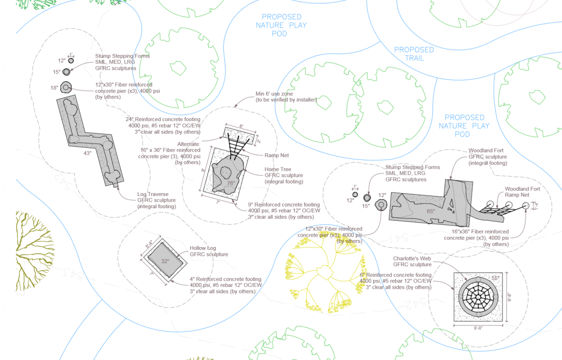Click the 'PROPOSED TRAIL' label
(414, 53)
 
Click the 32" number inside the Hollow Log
(165, 261)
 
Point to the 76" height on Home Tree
(230, 183)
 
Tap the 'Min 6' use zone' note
(286, 97)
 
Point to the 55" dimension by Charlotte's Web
(495, 278)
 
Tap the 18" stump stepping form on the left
(67, 87)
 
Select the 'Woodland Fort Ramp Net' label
(522, 192)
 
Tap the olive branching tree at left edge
(33, 248)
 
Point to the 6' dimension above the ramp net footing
(241, 126)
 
